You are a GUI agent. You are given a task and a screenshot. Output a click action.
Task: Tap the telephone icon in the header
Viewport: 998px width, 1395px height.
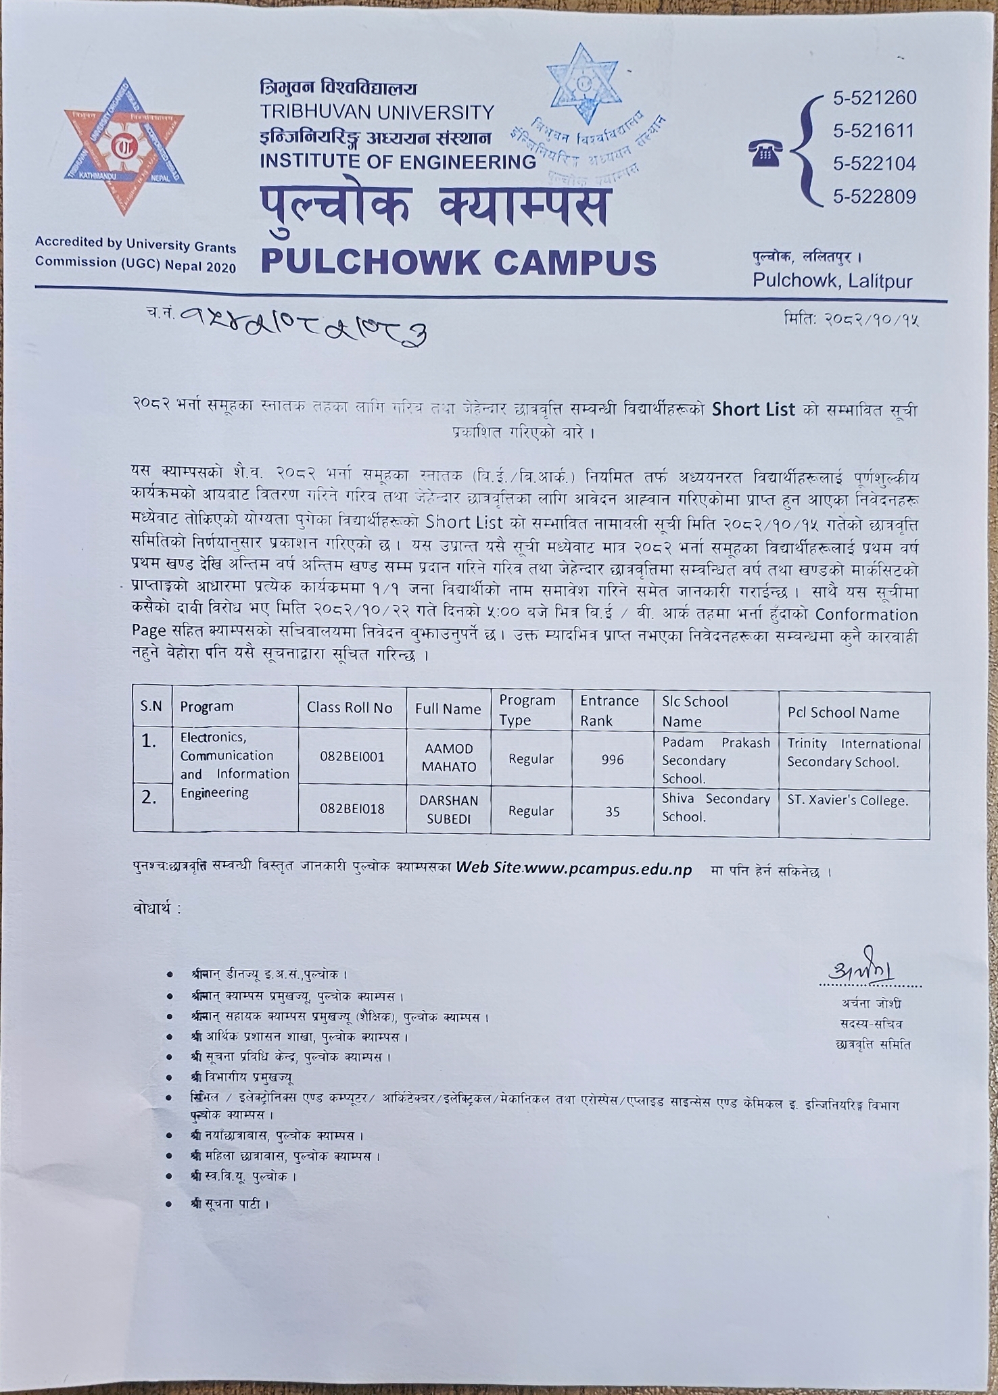764,155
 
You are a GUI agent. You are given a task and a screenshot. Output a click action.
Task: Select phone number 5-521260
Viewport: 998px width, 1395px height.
874,99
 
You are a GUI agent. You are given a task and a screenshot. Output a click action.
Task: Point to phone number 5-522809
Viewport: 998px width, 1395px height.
874,197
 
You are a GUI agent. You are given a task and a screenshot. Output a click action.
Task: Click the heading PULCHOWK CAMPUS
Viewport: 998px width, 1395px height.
458,262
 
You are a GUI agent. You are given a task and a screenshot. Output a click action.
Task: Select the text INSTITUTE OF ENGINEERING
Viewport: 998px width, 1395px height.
398,162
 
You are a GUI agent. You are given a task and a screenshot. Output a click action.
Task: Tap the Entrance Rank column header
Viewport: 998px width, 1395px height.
609,710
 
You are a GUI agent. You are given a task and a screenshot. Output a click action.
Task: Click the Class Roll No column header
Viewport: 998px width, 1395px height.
350,708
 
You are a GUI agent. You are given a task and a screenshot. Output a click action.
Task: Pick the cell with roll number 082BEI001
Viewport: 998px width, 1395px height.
352,756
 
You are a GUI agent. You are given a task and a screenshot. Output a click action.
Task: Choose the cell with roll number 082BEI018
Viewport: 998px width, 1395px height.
352,808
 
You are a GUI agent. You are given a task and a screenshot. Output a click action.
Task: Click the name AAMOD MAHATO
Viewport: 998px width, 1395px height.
449,758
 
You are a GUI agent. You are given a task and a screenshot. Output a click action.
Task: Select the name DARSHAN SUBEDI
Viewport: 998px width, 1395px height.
449,810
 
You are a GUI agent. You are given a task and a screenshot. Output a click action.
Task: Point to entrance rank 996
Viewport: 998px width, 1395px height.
612,760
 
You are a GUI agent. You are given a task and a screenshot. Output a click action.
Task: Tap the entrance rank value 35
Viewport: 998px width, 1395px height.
612,811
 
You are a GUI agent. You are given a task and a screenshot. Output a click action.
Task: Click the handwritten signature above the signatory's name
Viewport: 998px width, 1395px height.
861,973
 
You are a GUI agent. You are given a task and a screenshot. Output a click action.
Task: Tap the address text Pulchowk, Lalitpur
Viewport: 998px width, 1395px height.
832,281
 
